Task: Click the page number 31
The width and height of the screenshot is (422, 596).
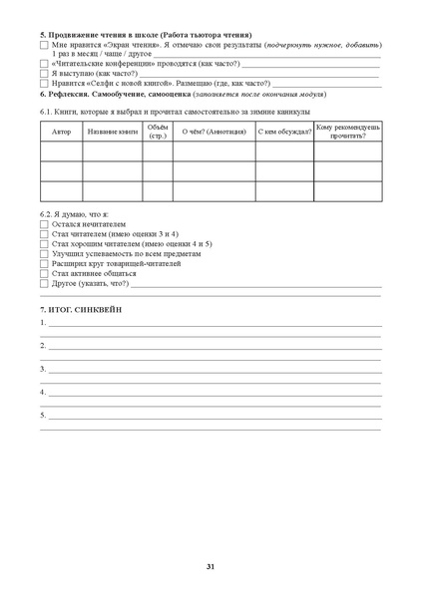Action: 211,567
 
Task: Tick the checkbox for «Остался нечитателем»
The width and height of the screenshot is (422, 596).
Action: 44,226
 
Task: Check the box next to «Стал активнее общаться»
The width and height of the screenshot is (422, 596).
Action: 44,271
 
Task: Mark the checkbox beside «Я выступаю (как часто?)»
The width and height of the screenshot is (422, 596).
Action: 44,74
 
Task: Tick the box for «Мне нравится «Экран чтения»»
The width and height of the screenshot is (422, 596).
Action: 44,46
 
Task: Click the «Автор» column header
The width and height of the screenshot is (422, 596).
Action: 61,132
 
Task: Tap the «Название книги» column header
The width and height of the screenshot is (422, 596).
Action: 112,132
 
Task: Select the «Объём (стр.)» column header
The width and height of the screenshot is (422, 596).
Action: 157,132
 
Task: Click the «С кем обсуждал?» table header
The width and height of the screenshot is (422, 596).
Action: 283,132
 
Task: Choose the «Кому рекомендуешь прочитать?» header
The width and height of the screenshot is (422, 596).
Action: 347,132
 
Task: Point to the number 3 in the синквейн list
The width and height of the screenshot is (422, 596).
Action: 43,368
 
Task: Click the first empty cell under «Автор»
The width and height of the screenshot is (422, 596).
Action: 61,151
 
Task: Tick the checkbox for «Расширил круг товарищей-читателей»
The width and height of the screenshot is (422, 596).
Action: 44,262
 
